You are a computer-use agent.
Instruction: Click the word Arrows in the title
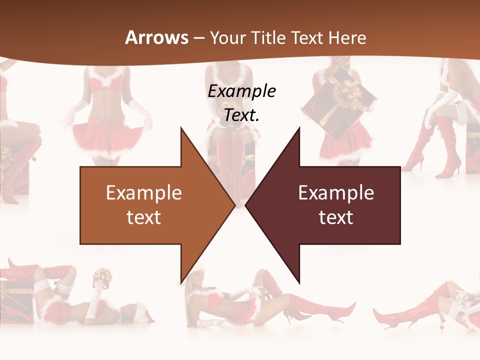tap(157, 37)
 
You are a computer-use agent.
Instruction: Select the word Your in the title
tap(228, 38)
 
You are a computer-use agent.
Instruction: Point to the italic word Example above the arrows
tap(241, 91)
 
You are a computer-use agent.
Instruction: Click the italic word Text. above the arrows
tap(241, 115)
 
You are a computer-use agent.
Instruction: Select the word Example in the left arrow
tap(144, 193)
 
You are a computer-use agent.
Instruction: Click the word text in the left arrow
tap(144, 217)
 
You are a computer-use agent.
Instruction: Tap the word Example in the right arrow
tap(336, 193)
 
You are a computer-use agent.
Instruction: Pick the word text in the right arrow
tap(336, 217)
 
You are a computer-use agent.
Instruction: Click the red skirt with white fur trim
tap(108, 134)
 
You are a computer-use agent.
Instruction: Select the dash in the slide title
tap(198, 38)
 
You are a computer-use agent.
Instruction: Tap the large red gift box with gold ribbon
tap(340, 105)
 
